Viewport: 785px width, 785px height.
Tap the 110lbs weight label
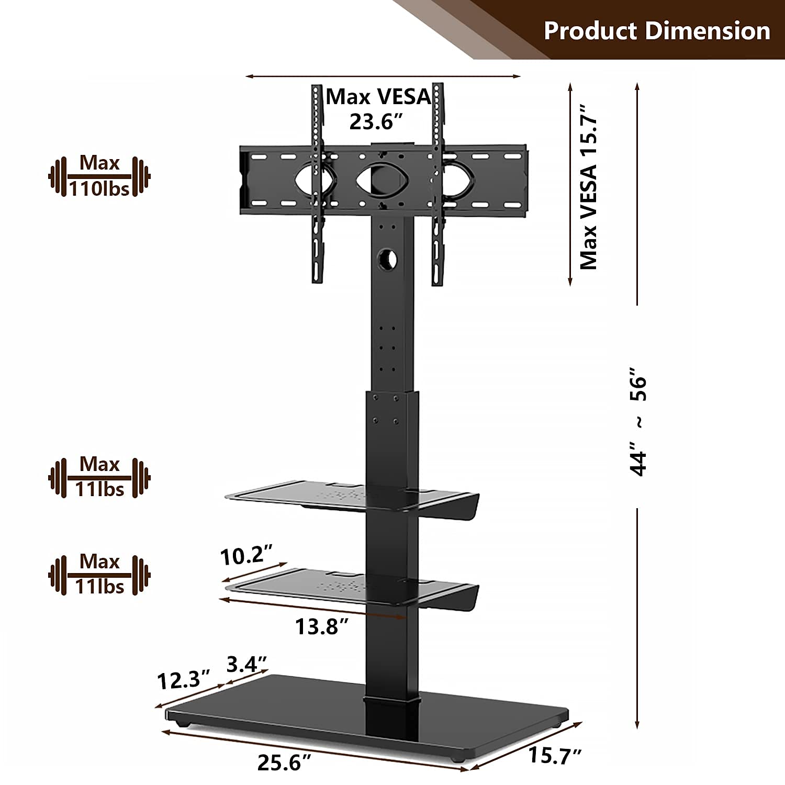[x=99, y=188]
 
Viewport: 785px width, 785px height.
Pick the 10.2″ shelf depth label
[x=246, y=555]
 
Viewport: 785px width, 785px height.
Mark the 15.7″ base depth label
[x=555, y=755]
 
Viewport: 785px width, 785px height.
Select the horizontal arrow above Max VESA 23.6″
[x=383, y=76]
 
